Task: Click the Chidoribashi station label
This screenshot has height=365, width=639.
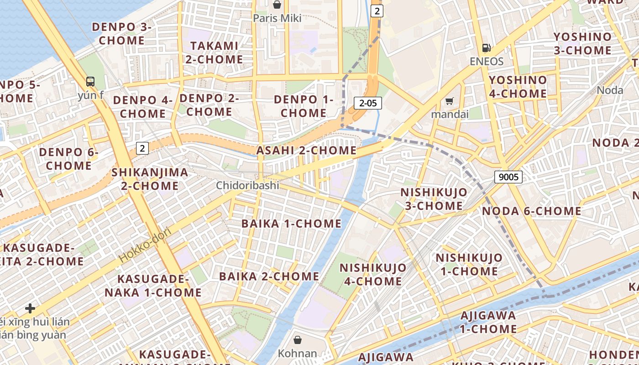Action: [247, 185]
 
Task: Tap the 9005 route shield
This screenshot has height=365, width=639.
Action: [508, 177]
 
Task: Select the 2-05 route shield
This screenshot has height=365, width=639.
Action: [368, 103]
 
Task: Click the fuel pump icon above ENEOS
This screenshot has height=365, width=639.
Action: [487, 48]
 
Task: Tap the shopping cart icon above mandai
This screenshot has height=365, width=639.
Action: [450, 101]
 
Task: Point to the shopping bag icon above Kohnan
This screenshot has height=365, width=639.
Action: [298, 340]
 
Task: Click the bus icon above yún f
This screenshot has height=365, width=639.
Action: [90, 82]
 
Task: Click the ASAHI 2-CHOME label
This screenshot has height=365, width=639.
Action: [306, 150]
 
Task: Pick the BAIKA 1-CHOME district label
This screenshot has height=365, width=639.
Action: [291, 224]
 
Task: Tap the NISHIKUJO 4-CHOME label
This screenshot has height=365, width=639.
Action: [373, 274]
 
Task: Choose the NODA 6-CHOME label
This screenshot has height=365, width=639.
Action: [532, 211]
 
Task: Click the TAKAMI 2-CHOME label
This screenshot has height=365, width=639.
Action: [214, 52]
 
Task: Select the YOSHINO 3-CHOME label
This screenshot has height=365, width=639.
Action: [582, 43]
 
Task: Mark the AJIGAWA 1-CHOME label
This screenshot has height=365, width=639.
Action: [488, 322]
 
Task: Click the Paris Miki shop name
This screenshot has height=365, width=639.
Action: [277, 18]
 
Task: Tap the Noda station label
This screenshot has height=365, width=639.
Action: [610, 90]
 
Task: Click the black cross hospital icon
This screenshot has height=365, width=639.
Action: [30, 308]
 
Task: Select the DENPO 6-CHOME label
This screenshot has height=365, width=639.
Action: [68, 158]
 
